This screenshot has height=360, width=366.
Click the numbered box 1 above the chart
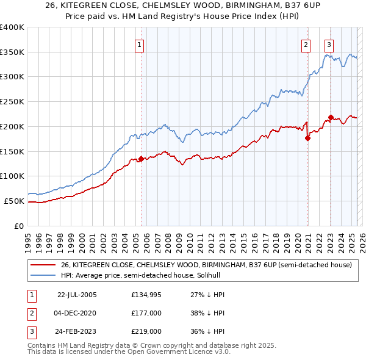coord(140,45)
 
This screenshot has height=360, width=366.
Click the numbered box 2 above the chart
coord(306,45)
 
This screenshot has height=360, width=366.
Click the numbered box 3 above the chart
coord(329,45)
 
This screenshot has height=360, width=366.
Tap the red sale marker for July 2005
coord(141,159)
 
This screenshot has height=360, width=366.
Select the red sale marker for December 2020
coord(307,138)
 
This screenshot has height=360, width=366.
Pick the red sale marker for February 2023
coord(331,117)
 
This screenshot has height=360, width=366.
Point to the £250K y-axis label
coord(13,101)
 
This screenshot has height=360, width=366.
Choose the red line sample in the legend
coord(43,265)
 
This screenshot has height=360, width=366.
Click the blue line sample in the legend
coord(43,275)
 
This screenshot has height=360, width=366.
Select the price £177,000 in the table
coord(146,314)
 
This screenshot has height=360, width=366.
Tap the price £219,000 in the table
coord(146,333)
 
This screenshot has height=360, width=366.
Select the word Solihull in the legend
coord(214,275)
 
